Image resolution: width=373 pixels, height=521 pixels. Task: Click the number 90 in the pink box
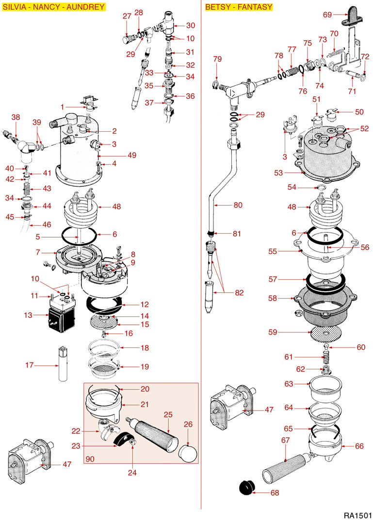tap(90, 458)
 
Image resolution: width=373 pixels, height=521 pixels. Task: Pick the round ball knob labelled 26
tap(188, 454)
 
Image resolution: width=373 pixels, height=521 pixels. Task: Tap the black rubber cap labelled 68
tap(248, 487)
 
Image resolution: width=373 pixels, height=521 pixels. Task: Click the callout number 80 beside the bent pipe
tap(238, 205)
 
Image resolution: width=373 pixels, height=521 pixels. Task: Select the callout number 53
tap(277, 172)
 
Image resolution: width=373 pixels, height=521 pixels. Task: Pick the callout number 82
tap(239, 293)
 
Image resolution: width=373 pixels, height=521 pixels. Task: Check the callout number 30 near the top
tap(191, 25)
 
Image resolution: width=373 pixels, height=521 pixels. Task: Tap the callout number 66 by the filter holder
tap(359, 446)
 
